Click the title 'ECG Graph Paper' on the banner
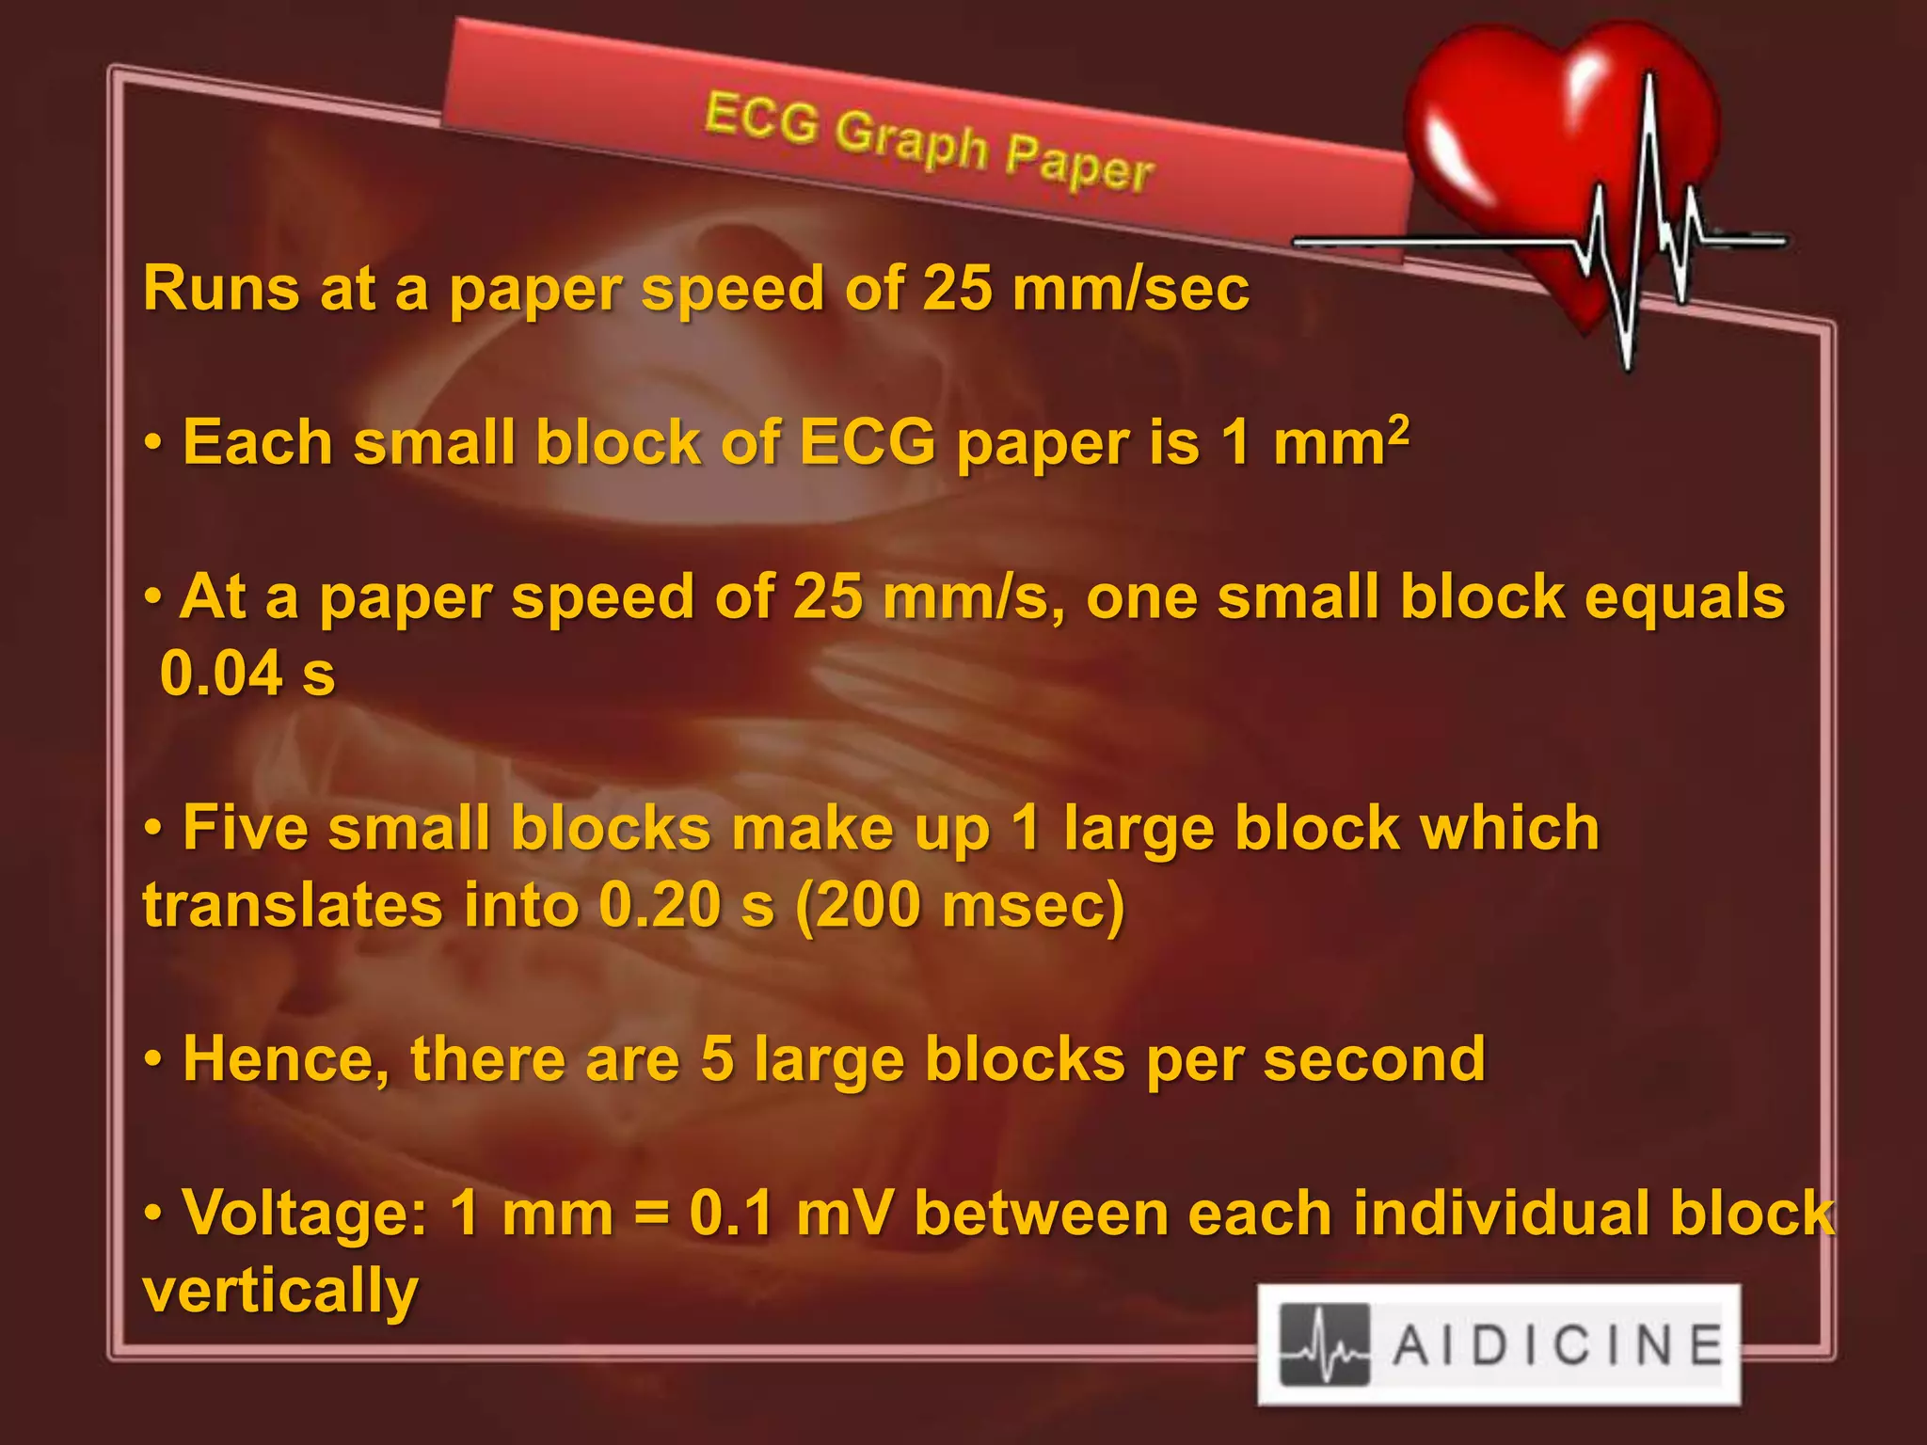[x=929, y=142]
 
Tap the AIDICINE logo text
[x=1557, y=1344]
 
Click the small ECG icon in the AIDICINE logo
[x=1325, y=1345]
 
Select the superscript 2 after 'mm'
[x=1398, y=430]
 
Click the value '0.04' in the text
[x=221, y=674]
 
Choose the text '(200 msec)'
[x=960, y=905]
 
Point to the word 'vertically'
[x=280, y=1291]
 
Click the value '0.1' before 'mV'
[x=731, y=1214]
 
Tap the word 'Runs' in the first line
[x=220, y=288]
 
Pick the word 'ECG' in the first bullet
[x=867, y=442]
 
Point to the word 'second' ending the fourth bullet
[x=1374, y=1059]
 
